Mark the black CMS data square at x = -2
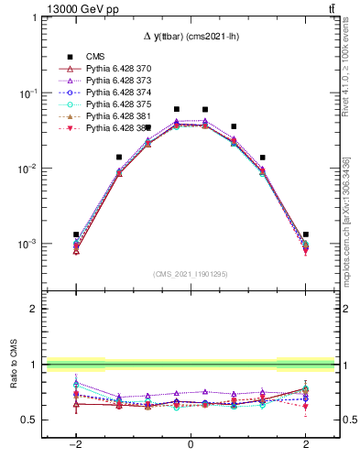(x=76, y=234)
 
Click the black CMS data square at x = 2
(x=306, y=234)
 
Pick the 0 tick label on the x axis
(x=190, y=444)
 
